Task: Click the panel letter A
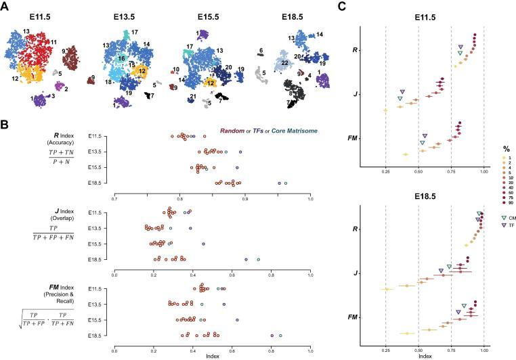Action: coord(5,6)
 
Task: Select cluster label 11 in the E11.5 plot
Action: coord(54,42)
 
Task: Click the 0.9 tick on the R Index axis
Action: coord(245,198)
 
